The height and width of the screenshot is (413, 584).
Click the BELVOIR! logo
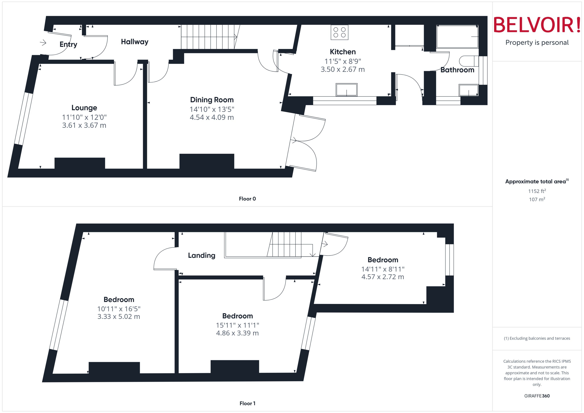537,25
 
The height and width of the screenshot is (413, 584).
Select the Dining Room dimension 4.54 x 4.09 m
212,117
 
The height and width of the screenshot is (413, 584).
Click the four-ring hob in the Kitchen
339,33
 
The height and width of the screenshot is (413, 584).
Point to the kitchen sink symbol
346,90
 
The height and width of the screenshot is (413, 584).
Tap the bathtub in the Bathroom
457,37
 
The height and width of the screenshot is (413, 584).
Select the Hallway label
135,42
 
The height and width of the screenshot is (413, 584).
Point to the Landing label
202,255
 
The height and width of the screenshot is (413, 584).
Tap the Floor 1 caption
247,403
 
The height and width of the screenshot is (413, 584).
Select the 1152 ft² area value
537,191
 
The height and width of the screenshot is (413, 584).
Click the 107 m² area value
537,199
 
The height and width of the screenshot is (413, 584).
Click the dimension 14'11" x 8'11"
383,269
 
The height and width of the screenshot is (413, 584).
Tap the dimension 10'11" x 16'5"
119,309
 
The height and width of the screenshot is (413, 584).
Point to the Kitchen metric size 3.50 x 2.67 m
343,69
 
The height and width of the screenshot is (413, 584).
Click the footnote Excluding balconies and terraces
537,338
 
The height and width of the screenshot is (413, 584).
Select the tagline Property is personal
537,43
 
